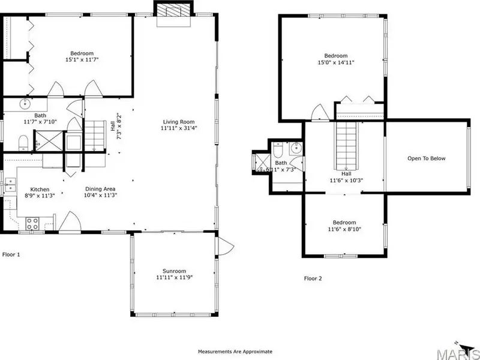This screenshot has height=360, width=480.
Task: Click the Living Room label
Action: (x=178, y=122)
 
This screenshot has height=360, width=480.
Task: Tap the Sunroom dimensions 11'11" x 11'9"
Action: (x=174, y=277)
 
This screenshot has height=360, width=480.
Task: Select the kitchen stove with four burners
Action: (x=32, y=223)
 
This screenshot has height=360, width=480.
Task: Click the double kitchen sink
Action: (x=10, y=185)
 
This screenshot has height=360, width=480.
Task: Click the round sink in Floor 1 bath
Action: (x=25, y=104)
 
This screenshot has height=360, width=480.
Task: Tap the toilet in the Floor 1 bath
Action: (x=23, y=143)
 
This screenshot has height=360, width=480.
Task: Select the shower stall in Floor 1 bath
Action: (x=49, y=140)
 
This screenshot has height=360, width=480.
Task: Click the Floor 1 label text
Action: (x=11, y=254)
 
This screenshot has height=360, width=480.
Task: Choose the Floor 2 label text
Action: (x=313, y=278)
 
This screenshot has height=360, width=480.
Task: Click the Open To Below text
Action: (x=427, y=158)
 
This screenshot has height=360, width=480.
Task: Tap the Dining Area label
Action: (x=100, y=189)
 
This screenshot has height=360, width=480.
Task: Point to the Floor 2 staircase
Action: (x=346, y=145)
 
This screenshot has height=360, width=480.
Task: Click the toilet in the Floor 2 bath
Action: (x=278, y=149)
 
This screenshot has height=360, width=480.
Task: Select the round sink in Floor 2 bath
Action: (x=296, y=148)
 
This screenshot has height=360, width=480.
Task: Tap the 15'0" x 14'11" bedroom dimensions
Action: (x=336, y=62)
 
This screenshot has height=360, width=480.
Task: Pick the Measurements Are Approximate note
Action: (x=235, y=352)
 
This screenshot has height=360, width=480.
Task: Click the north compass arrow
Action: (x=465, y=348)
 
